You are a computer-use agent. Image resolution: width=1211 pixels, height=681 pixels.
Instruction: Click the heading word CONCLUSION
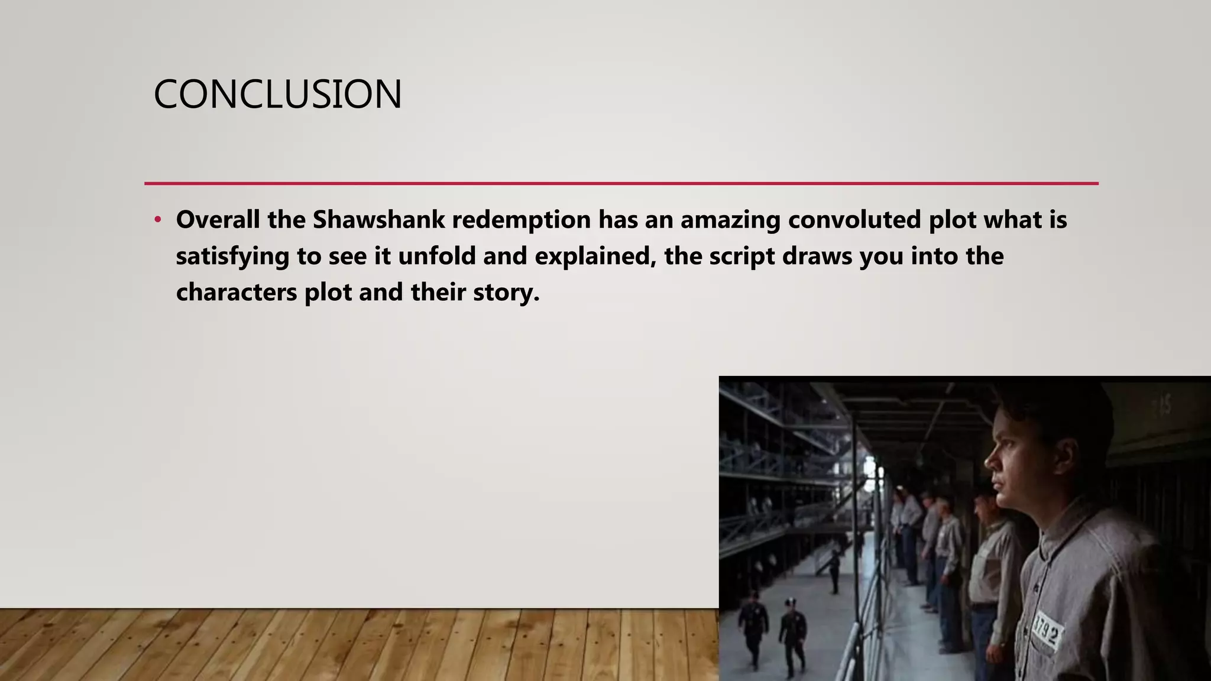tap(277, 95)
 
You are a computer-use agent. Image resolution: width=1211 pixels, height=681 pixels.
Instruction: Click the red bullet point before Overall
tap(157, 220)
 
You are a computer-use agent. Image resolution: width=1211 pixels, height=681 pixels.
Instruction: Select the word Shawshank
tap(378, 220)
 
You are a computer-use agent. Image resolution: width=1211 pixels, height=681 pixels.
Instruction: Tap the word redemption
tap(521, 220)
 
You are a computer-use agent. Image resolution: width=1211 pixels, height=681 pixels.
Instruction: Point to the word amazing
tap(730, 220)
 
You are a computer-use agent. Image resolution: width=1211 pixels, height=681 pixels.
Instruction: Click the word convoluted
tap(854, 220)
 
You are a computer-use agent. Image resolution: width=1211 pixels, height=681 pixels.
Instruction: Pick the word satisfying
tap(232, 257)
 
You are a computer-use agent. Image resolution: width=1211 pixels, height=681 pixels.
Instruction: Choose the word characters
tap(237, 293)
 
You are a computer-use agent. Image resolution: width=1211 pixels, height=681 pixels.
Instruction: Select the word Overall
tap(218, 220)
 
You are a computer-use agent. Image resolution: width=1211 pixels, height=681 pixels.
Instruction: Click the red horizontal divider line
tap(621, 183)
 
